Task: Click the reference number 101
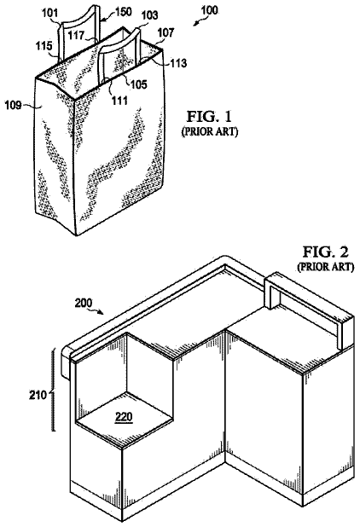50,14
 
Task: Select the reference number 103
149,15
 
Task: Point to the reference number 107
166,32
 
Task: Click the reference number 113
178,63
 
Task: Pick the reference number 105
139,84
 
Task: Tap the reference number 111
120,100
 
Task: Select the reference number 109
13,106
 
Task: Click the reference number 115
44,46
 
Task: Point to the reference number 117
76,36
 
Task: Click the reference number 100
209,10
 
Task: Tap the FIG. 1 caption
209,117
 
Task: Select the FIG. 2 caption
325,252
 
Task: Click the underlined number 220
124,418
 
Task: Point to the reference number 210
38,396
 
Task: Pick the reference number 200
83,304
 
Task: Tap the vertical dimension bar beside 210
53,391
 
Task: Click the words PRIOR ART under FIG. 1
210,132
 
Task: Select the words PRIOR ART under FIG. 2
325,267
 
